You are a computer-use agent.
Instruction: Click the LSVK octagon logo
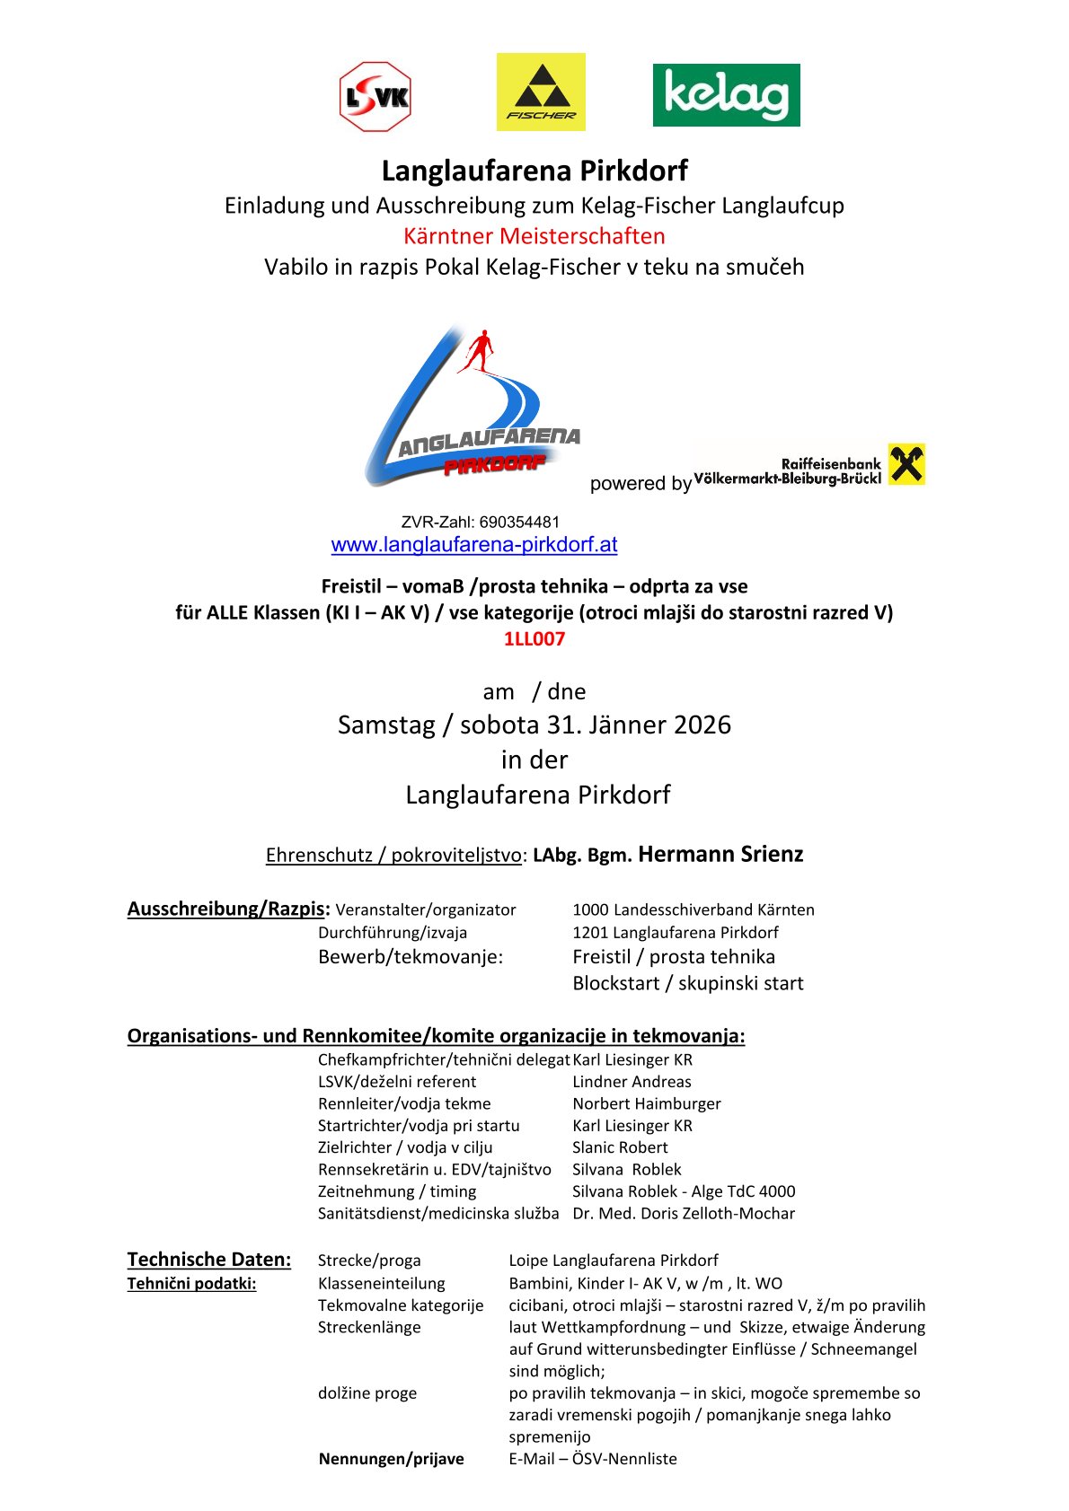[375, 97]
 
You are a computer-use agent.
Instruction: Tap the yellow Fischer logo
[541, 92]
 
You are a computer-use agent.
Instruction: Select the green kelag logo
[726, 95]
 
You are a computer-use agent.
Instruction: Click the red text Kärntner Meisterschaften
[534, 236]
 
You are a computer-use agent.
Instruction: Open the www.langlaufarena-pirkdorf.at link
[474, 544]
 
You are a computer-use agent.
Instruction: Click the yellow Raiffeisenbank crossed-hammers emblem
[906, 464]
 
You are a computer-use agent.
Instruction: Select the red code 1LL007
[534, 639]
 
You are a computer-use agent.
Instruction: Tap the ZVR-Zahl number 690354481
[519, 522]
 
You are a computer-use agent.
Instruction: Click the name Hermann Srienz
[720, 854]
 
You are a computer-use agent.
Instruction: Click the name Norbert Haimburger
[647, 1103]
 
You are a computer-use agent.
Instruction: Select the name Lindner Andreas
[632, 1082]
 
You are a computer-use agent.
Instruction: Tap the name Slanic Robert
[620, 1147]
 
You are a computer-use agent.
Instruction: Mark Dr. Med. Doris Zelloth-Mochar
[684, 1214]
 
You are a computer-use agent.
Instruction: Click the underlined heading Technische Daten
[209, 1260]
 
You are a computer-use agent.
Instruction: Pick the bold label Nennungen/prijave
[391, 1459]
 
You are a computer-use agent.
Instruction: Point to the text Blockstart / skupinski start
[688, 983]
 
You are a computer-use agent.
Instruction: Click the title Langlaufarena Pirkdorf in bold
[534, 171]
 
